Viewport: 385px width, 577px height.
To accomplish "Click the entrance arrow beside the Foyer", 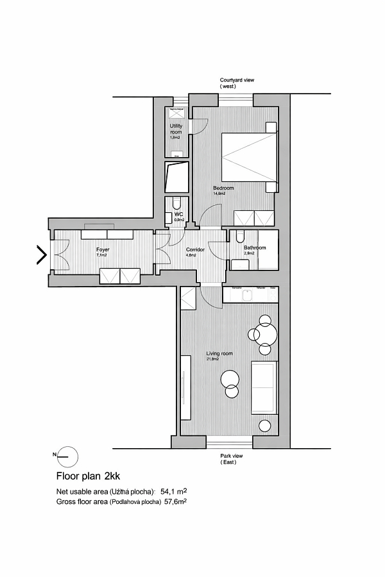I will pos(42,255).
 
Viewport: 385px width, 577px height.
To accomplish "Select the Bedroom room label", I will pos(223,188).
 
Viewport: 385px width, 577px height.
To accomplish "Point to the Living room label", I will pos(219,353).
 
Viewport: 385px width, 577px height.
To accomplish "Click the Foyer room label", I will pos(103,249).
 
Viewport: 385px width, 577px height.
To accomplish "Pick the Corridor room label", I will pos(195,249).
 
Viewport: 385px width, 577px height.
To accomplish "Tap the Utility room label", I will pos(176,129).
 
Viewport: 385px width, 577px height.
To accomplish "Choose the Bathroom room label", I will pos(255,247).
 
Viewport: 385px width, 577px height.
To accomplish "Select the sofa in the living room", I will pos(263,387).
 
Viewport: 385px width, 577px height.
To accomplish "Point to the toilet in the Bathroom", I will pos(239,238).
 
